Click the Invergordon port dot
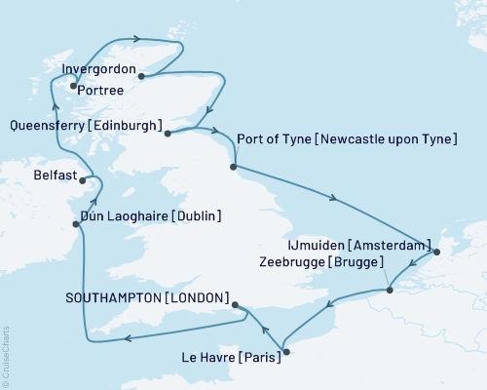141,75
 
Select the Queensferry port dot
168,134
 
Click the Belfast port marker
85,179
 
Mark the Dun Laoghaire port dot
77,223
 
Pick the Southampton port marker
237,305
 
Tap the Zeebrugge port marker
389,290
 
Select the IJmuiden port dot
435,253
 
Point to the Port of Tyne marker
233,167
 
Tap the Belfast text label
55,178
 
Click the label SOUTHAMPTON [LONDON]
149,297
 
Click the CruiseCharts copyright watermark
6,355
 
